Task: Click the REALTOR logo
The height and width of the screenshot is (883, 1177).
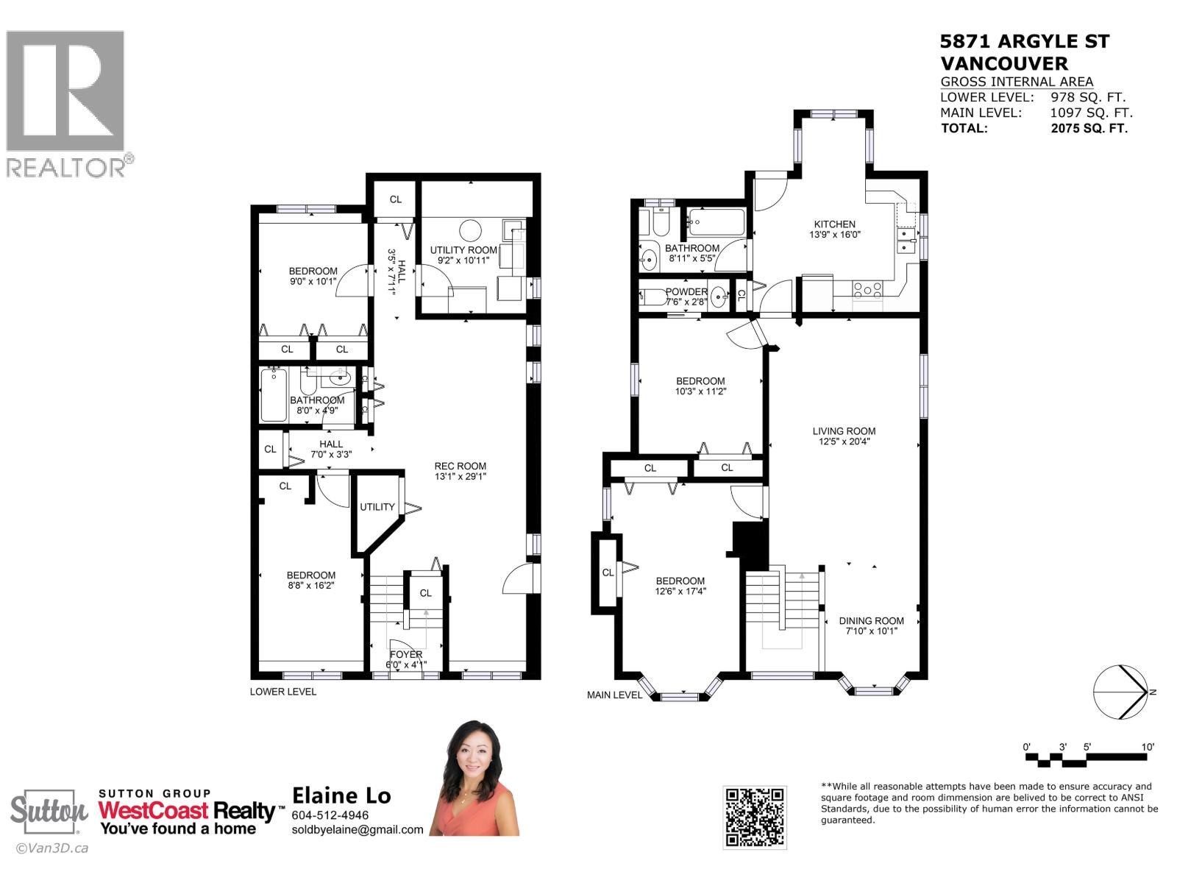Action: tap(65, 103)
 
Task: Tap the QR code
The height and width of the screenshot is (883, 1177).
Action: tap(754, 817)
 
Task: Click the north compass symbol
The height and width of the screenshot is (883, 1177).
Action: tap(1120, 692)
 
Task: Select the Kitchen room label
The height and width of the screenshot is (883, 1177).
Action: tap(834, 224)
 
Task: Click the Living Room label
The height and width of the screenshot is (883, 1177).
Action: tap(844, 432)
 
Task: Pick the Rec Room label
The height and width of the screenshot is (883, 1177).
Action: tap(460, 466)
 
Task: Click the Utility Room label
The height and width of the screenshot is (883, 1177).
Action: tap(463, 250)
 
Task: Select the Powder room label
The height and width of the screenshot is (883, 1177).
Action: tap(686, 292)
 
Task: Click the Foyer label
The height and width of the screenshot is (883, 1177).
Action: tap(406, 654)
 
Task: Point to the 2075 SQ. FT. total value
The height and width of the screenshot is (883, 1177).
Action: tap(1089, 129)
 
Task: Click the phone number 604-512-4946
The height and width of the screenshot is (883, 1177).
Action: tap(330, 815)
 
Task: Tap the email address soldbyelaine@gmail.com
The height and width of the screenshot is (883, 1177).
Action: tap(358, 830)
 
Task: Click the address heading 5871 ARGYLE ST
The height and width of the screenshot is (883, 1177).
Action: tap(1025, 42)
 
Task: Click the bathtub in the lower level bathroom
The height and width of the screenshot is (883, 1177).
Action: tap(274, 395)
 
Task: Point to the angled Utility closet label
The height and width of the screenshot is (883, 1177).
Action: tap(377, 507)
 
